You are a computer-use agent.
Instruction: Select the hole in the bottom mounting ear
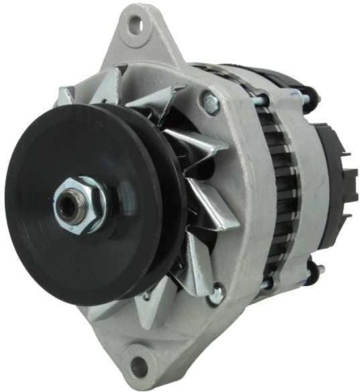140,365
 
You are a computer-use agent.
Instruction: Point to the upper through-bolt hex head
211,102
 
